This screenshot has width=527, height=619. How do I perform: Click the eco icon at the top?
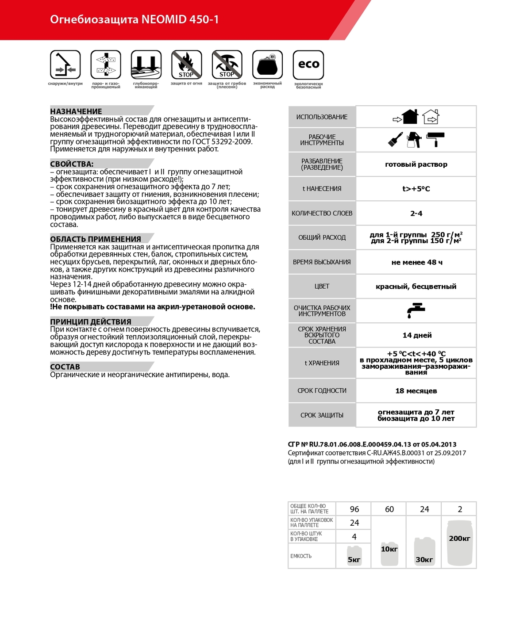pyautogui.click(x=308, y=65)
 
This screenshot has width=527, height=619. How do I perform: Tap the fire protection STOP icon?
pyautogui.click(x=186, y=65)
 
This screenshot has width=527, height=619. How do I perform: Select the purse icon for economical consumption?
pyautogui.click(x=267, y=65)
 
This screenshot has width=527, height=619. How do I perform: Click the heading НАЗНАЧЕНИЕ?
pyautogui.click(x=76, y=111)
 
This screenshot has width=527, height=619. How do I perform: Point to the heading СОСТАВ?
pyautogui.click(x=65, y=367)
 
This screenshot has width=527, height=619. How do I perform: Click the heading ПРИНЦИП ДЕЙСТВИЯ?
pyautogui.click(x=91, y=321)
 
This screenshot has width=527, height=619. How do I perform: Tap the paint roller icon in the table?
pyautogui.click(x=435, y=139)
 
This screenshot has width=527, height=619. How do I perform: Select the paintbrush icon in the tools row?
pyautogui.click(x=395, y=139)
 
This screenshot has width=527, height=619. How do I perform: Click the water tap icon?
pyautogui.click(x=416, y=310)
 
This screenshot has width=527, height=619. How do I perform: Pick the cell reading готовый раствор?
pyautogui.click(x=416, y=164)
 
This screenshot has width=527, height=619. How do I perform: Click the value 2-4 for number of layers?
pyautogui.click(x=416, y=213)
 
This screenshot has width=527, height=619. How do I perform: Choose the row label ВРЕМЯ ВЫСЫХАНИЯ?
pyautogui.click(x=322, y=262)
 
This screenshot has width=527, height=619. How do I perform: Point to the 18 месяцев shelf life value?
pyautogui.click(x=416, y=391)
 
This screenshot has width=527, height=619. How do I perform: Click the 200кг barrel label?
pyautogui.click(x=459, y=539)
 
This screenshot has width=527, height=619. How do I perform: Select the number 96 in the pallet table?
pyautogui.click(x=354, y=509)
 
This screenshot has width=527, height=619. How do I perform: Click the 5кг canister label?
pyautogui.click(x=354, y=560)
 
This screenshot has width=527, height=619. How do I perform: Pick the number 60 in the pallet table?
pyautogui.click(x=389, y=509)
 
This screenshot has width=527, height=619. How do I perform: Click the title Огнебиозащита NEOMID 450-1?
pyautogui.click(x=135, y=19)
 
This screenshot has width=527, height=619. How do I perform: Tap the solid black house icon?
pyautogui.click(x=410, y=117)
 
